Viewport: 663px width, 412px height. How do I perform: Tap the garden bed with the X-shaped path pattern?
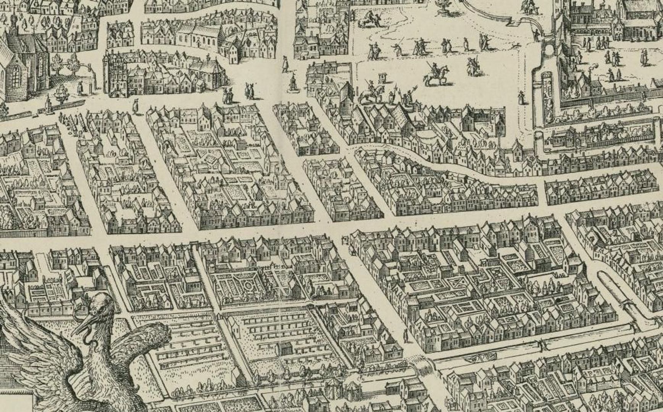(x=460, y=283)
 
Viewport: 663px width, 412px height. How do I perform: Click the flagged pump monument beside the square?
(x=293, y=82)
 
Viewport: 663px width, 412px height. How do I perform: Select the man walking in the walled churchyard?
(x=80, y=89)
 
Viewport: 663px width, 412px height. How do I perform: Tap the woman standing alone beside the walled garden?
(x=521, y=97)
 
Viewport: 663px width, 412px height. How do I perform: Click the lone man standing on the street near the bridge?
(x=406, y=336)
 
